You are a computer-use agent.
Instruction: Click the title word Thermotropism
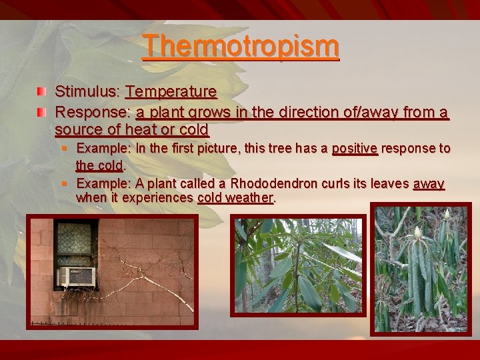[241, 47]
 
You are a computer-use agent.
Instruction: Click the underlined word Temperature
[171, 91]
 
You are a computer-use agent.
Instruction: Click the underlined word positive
[355, 149]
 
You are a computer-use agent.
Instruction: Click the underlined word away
[429, 184]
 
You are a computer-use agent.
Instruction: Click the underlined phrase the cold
[99, 165]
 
